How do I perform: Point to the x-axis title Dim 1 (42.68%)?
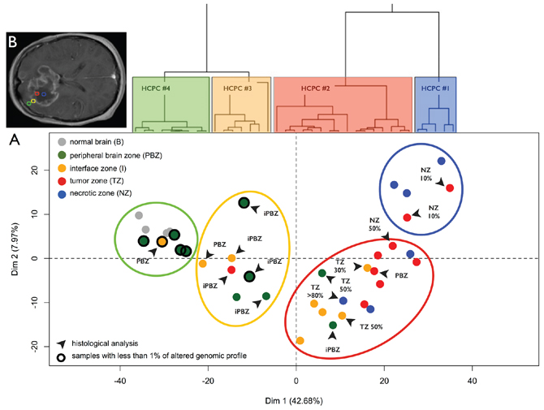tap(296, 400)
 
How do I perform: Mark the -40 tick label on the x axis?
tap(120, 380)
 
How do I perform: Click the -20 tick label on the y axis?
tap(35, 346)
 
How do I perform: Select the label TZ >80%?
tap(316, 291)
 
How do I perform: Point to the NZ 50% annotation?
tap(375, 225)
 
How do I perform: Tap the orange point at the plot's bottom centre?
tap(300, 341)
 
